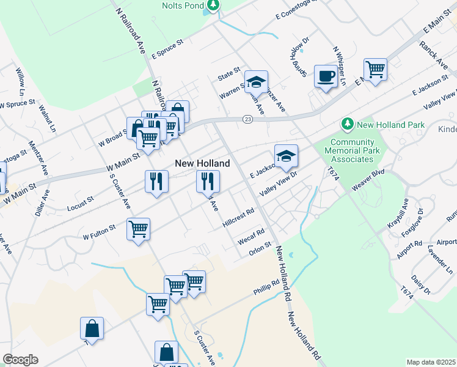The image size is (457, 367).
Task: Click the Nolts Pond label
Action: point(183,5)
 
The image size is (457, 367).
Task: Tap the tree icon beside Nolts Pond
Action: point(213,6)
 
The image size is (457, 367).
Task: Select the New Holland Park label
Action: point(391,125)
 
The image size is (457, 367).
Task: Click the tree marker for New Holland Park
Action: point(348,124)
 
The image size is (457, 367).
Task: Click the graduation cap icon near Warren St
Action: point(257,82)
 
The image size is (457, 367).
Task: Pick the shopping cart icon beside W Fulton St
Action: point(139,229)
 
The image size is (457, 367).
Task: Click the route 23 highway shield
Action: point(247,119)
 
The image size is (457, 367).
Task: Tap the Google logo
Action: point(21,360)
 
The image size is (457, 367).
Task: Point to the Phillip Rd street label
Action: point(267,286)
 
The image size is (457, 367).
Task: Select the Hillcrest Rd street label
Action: point(238,217)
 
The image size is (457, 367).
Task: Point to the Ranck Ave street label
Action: point(433,53)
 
